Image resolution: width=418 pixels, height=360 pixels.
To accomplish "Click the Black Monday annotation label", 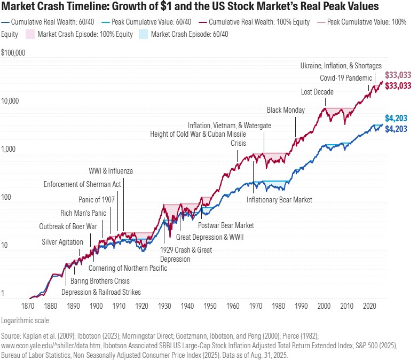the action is [286, 110].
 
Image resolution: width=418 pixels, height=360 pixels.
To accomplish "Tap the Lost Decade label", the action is [317, 92].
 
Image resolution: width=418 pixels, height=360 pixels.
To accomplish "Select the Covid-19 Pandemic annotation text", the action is [346, 78].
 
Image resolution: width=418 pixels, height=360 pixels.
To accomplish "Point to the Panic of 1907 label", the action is [97, 199].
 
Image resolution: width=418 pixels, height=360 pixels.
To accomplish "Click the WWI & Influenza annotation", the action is [111, 171].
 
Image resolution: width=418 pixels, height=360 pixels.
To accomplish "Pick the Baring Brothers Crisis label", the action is [100, 281].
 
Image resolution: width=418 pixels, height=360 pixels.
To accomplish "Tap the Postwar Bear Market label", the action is [226, 225].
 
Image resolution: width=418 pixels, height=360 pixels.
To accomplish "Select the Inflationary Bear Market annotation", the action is [279, 200].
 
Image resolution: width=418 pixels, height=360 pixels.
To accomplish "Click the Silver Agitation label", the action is [62, 242].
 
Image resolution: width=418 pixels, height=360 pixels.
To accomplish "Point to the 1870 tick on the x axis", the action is [28, 306].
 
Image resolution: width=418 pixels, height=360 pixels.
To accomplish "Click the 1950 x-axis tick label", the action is [210, 306].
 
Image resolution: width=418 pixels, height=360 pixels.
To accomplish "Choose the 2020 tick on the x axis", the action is [369, 306].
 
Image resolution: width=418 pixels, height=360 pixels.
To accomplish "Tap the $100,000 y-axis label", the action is [13, 52].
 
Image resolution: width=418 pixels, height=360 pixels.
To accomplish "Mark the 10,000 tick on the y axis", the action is [10, 101].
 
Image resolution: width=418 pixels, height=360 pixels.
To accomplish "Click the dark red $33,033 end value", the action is [398, 85].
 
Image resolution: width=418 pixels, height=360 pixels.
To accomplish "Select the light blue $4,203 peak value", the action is [396, 118].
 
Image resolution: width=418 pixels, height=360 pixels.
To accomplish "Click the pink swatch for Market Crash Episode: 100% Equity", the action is [30, 34].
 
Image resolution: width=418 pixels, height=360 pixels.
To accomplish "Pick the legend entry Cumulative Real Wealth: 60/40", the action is [48, 22].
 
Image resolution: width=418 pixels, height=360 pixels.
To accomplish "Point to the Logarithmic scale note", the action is [25, 320].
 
